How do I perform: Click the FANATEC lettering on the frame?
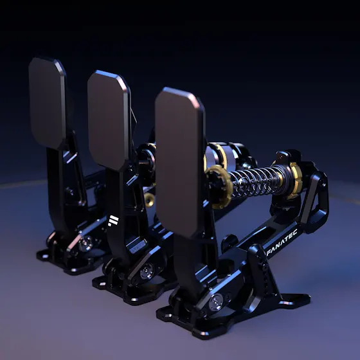pyautogui.click(x=282, y=242)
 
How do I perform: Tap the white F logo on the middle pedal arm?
pyautogui.click(x=113, y=221)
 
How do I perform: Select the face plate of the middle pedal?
pyautogui.click(x=109, y=120)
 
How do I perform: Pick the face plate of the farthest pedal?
pyautogui.click(x=48, y=103)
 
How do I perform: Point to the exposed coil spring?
pyautogui.click(x=255, y=181)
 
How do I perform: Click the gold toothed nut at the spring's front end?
pyautogui.click(x=219, y=186)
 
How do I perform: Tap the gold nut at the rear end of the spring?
pyautogui.click(x=294, y=180)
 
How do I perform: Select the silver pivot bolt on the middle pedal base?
pyautogui.click(x=147, y=271)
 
